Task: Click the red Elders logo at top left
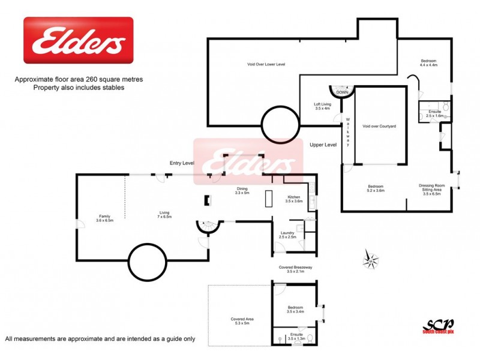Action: [x=78, y=40]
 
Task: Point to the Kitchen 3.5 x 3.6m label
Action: [x=293, y=199]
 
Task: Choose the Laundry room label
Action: [x=287, y=235]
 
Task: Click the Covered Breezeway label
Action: [x=292, y=269]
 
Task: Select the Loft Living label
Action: [x=323, y=106]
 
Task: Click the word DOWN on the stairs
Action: [x=342, y=92]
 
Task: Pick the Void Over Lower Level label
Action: [x=266, y=64]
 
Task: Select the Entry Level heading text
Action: [x=181, y=163]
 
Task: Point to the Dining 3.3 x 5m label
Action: [x=242, y=191]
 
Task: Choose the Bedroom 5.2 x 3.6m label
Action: [x=376, y=188]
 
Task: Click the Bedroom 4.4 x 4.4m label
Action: [x=428, y=62]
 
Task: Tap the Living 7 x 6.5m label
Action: [x=164, y=214]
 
